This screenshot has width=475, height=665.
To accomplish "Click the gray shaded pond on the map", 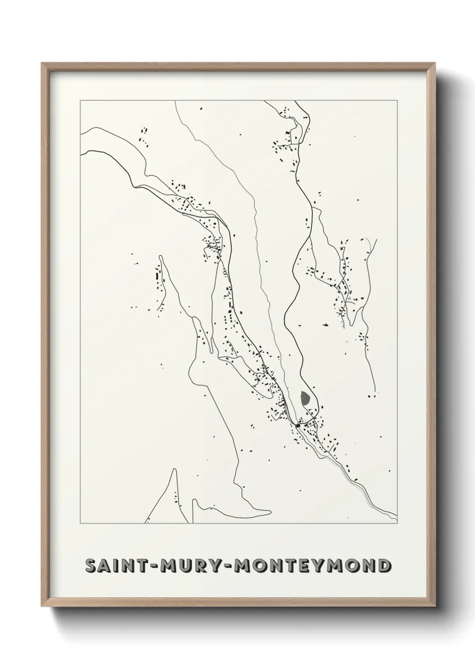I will click(x=305, y=398).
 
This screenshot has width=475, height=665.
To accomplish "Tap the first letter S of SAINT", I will click(x=90, y=565).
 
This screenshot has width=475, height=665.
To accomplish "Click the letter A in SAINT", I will click(x=103, y=565).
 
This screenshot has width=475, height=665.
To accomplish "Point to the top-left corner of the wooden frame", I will click(x=42, y=63).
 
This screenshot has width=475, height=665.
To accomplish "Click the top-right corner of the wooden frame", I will click(x=435, y=63).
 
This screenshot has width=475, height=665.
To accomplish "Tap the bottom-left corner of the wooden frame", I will click(x=42, y=607).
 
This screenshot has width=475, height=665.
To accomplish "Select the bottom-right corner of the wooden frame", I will click(x=435, y=607).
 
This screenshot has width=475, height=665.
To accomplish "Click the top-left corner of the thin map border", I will click(x=80, y=101).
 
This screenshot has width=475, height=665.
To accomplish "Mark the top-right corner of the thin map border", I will click(x=397, y=101).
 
